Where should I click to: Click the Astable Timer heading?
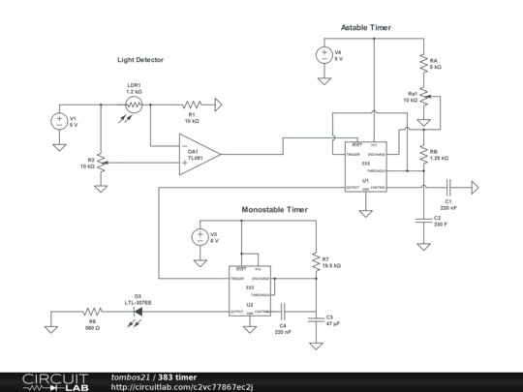[x=366, y=28]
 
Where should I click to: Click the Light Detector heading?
[x=140, y=60]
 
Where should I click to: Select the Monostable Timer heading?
[x=274, y=209]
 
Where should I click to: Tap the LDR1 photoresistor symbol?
[x=135, y=105]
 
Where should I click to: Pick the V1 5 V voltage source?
[x=58, y=122]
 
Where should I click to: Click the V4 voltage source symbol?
[x=323, y=55]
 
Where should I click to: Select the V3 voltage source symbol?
[x=200, y=237]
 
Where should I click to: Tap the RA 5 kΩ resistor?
[x=423, y=64]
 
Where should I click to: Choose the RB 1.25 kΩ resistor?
[x=423, y=153]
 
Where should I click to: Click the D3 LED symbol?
[x=137, y=313]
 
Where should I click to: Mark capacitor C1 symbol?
[x=448, y=188]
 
